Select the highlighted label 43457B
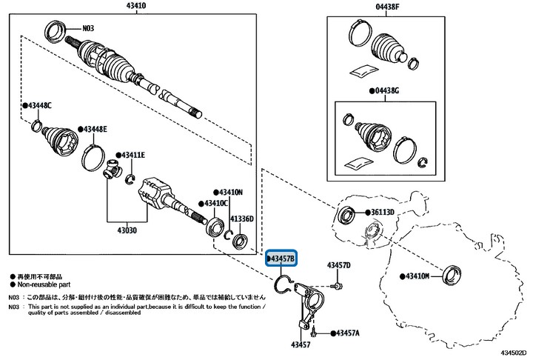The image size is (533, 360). pos(281,259)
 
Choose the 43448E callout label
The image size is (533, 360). pos(95,130)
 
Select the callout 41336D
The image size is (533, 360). pos(241,219)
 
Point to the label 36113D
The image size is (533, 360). pos(387,213)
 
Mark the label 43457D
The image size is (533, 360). pos(339,264)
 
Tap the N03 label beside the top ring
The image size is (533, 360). pos(87,29)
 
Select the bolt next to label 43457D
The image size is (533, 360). pos(337,285)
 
